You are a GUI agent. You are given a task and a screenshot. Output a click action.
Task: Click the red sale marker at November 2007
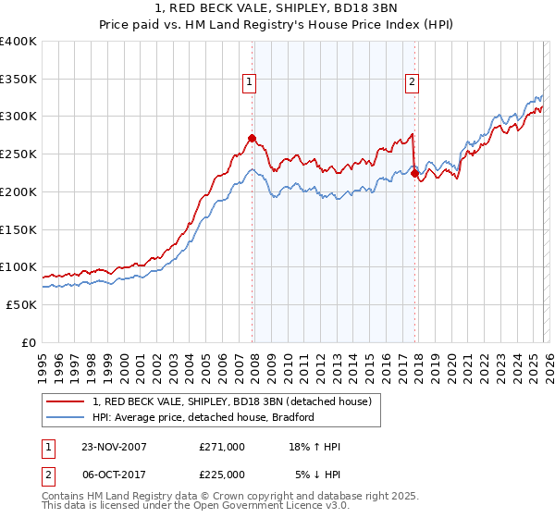[x=252, y=139]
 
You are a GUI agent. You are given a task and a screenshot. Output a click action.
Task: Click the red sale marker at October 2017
[x=414, y=173]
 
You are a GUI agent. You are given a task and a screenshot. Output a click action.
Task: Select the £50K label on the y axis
[x=22, y=304]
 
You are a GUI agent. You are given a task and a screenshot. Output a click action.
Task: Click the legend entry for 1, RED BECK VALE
[x=231, y=401]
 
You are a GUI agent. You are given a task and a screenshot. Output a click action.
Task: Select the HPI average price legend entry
[x=203, y=417]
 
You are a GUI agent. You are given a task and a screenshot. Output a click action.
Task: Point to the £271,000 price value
[x=221, y=447]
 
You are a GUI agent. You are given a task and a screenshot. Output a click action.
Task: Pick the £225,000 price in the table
[x=221, y=475]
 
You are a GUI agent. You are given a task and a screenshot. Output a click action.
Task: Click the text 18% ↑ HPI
[x=314, y=447]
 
